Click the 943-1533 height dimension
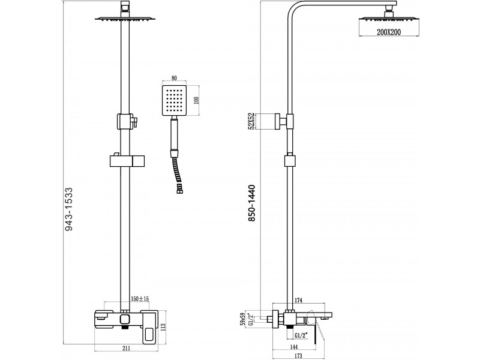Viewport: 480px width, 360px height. point(69,209)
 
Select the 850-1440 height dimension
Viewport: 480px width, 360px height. point(251,203)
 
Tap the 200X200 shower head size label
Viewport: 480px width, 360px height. point(388,32)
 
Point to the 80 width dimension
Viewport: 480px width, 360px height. point(174,79)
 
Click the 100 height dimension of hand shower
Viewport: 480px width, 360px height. point(197,100)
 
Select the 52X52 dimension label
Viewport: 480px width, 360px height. point(252,121)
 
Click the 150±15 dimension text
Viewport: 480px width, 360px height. point(140,299)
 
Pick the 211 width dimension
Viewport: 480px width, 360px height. point(127,348)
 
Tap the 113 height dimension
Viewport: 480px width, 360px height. point(163,328)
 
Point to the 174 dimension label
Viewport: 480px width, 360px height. point(298,301)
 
